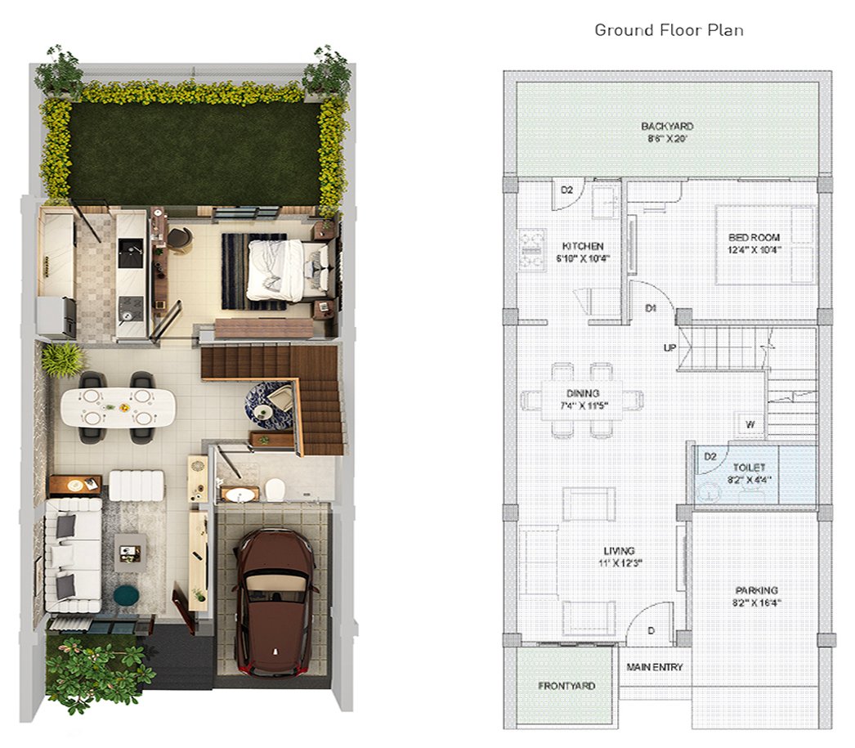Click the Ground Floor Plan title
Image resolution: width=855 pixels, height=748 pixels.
669,30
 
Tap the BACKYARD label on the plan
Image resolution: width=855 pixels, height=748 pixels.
668,127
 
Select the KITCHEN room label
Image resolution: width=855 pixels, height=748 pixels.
583,246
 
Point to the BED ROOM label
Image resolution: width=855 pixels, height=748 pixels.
754,238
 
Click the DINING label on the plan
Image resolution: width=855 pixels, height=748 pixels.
582,393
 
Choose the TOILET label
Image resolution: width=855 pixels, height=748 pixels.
749,468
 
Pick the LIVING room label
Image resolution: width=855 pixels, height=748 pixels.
619,551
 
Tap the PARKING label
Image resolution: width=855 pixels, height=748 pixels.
756,590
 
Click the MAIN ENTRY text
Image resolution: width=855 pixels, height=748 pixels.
655,667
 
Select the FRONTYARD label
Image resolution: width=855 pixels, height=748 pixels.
566,686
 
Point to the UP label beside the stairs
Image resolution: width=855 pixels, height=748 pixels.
669,347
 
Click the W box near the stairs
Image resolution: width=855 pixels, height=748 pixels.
750,424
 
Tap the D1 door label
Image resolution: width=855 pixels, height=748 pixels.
651,308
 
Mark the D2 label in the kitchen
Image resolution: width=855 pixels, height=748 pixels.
567,190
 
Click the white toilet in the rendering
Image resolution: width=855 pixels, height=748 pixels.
275,488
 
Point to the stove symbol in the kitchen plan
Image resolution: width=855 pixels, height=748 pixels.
533,250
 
